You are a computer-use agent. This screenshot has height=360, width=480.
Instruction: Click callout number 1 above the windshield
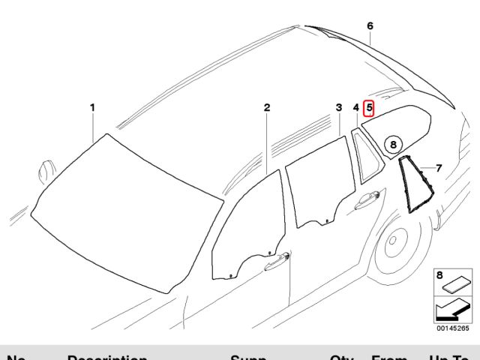coord(92,108)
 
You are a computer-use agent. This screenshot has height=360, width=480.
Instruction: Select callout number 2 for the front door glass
coord(266,108)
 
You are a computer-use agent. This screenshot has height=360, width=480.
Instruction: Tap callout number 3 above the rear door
coord(338,108)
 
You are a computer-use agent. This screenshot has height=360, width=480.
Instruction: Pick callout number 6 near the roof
coord(370,26)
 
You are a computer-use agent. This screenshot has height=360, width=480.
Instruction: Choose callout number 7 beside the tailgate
coord(439,167)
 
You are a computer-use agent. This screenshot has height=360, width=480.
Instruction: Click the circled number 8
coord(394,145)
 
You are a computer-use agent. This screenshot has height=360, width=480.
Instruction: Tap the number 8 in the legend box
coord(439,275)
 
